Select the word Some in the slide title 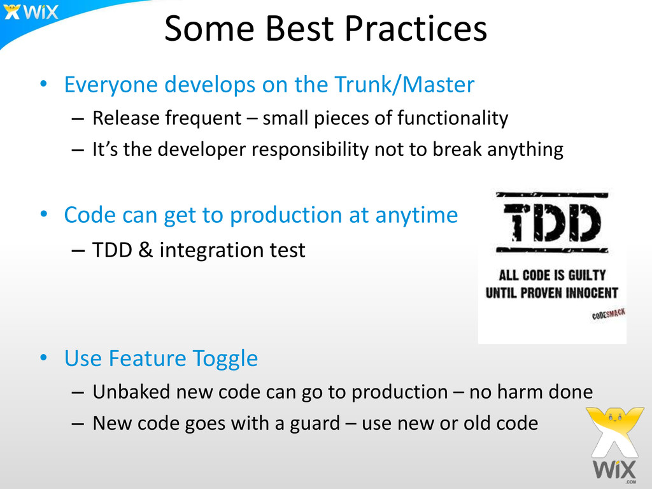[209, 29]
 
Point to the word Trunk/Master [404, 85]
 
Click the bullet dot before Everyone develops [44, 84]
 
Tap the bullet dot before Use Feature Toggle [44, 358]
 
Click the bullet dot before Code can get [44, 214]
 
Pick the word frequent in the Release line [203, 118]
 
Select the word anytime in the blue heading [416, 216]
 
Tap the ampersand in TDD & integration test [145, 250]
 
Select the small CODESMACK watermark [608, 314]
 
